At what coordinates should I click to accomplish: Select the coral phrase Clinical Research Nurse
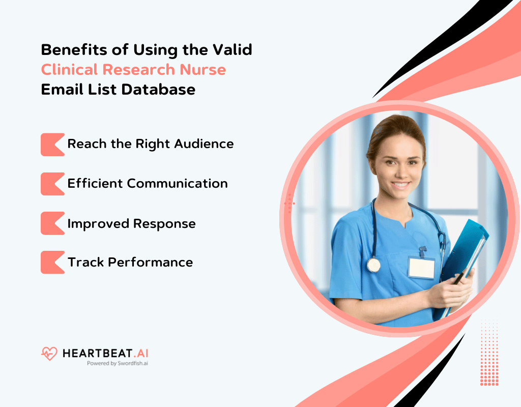[133, 69]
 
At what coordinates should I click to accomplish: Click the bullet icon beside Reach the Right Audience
[52, 144]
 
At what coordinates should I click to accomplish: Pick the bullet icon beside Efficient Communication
[52, 184]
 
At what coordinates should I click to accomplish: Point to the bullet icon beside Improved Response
[52, 223]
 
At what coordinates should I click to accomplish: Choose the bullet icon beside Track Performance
[52, 263]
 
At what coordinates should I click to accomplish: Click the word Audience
[204, 144]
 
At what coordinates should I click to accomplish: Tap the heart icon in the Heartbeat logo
[49, 354]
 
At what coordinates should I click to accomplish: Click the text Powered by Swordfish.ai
[117, 363]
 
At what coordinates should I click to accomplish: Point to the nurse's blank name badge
[421, 267]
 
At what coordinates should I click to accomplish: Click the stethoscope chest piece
[373, 265]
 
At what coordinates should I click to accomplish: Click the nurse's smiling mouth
[401, 185]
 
